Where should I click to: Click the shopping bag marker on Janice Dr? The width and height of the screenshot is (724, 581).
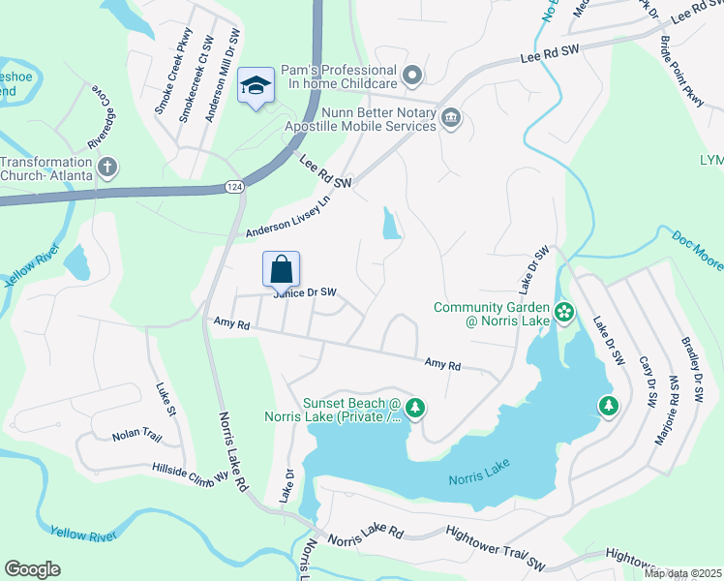pos(281,268)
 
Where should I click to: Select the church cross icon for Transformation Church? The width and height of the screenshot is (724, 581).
pos(106,168)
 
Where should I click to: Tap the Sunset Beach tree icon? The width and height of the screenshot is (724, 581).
pos(415,408)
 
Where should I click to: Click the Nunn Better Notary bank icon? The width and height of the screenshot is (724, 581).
pos(450,119)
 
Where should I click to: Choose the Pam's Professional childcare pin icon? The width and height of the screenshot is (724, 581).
pos(413,75)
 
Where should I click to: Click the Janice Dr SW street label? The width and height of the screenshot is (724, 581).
pos(305,292)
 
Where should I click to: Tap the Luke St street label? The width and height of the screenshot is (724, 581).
pos(166,398)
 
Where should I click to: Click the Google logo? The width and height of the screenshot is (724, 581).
pos(32,569)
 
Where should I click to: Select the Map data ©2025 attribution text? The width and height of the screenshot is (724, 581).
pos(683,573)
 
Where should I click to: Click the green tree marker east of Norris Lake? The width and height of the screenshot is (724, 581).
pos(608,405)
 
